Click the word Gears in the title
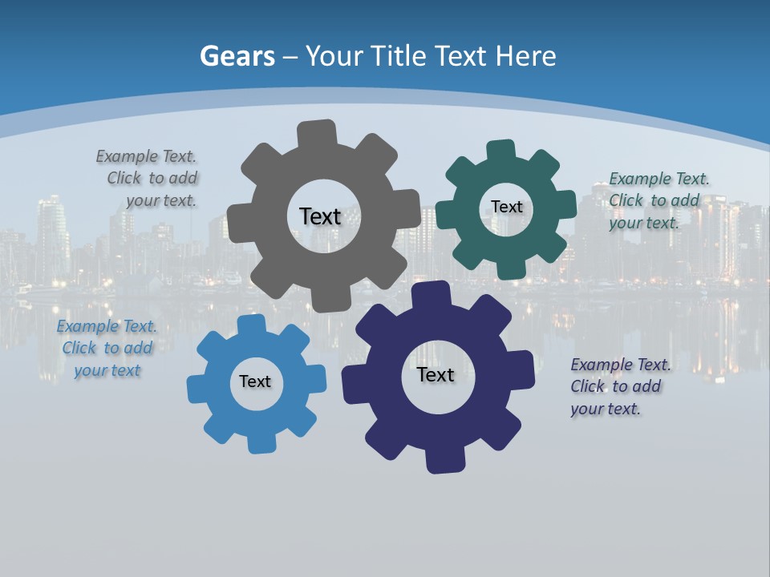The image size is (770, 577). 237,56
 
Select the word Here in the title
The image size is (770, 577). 525,56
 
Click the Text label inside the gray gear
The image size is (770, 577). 320,216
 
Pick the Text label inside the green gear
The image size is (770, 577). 506,207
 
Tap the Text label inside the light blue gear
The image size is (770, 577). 255,381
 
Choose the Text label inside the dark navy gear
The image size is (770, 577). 436,374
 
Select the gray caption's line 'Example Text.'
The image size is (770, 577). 146,156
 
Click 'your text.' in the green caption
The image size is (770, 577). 644,223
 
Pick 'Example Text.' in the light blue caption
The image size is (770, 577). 107,326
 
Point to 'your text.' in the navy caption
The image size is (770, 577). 606,409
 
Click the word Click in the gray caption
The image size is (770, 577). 124,178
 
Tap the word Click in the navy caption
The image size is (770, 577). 588,386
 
